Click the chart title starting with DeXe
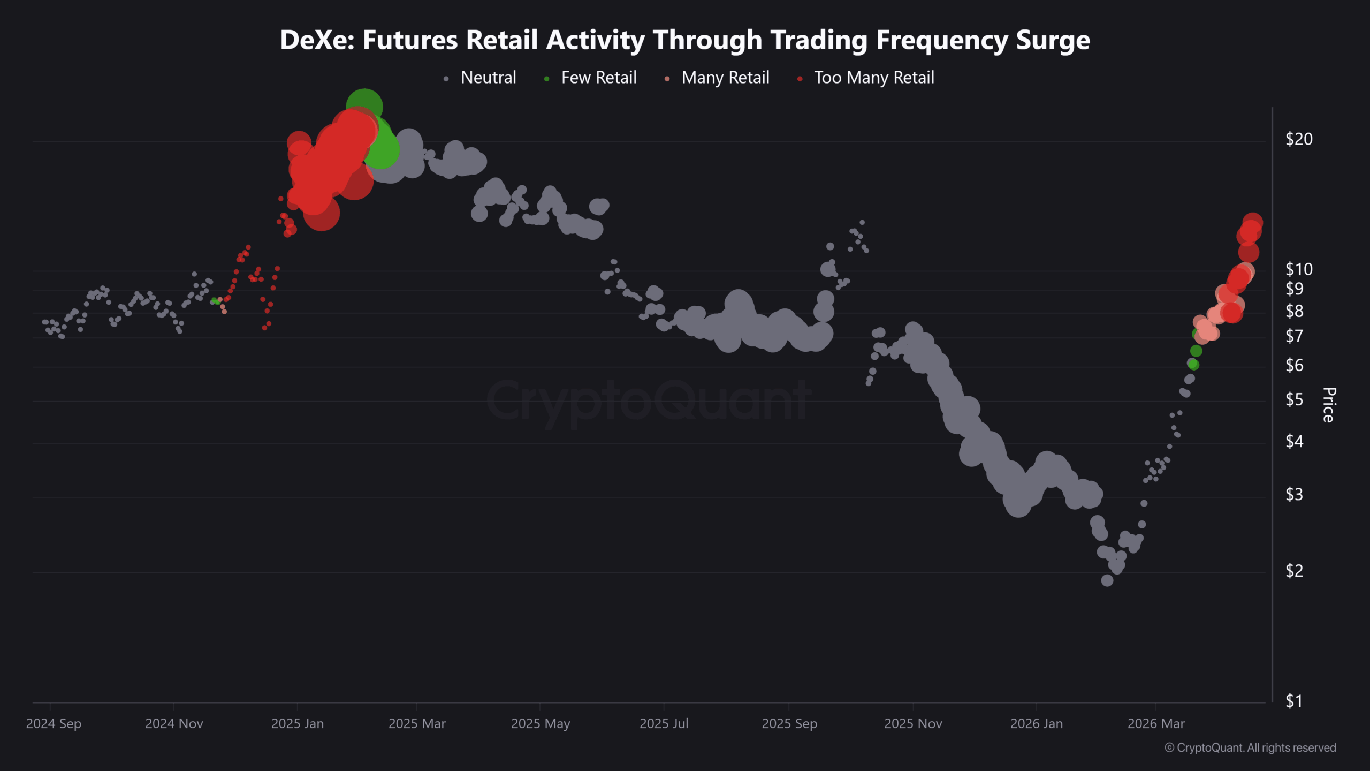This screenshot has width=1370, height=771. [x=684, y=40]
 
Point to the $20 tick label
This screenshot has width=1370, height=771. [x=1299, y=139]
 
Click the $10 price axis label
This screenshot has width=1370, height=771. [x=1299, y=269]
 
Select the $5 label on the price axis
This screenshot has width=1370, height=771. [x=1295, y=399]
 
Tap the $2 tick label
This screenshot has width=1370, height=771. [x=1295, y=571]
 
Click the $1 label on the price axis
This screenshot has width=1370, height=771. [x=1294, y=701]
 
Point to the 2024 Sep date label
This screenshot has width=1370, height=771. [x=54, y=724]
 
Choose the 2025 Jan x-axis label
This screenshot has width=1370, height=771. [x=298, y=724]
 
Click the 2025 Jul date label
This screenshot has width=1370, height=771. [x=664, y=724]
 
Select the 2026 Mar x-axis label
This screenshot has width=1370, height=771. [x=1156, y=724]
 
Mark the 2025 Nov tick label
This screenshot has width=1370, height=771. [x=913, y=724]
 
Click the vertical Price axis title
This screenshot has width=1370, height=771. [x=1329, y=405]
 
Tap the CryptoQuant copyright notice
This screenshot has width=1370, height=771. [x=1250, y=748]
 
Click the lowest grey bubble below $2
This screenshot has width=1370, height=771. [x=1107, y=580]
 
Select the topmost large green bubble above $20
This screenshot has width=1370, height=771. [x=364, y=106]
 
